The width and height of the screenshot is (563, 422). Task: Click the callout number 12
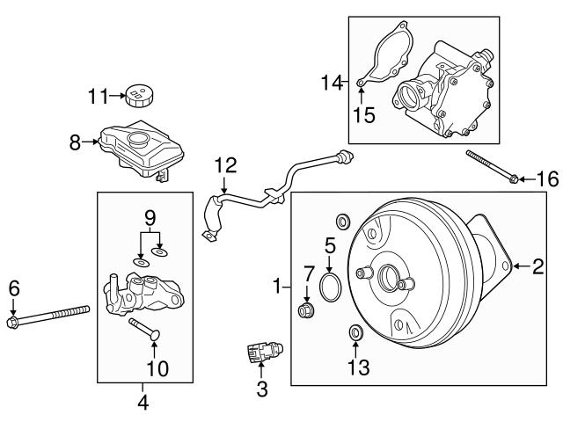[225, 164]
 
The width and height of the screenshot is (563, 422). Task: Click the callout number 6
[13, 287]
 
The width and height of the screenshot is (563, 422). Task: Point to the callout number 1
[278, 287]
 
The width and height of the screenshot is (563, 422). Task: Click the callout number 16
[547, 179]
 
